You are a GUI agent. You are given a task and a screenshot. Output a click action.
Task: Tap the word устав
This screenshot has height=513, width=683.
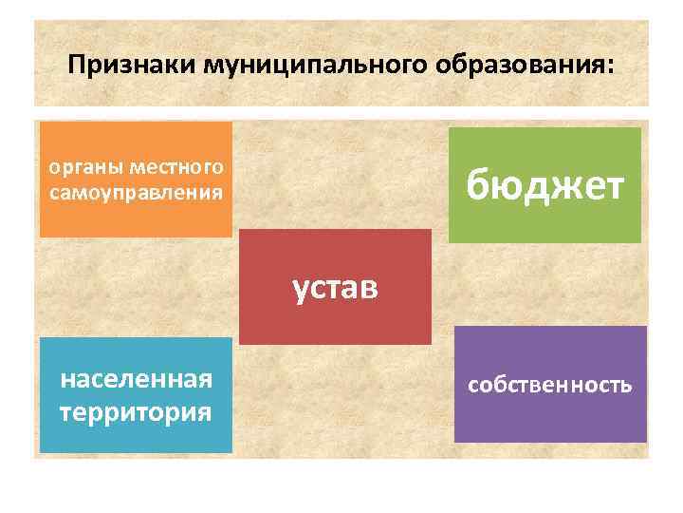pos(335,286)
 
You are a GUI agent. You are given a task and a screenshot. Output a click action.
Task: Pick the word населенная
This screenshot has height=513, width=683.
pos(136,381)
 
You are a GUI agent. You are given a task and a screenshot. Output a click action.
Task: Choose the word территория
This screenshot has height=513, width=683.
pos(136,413)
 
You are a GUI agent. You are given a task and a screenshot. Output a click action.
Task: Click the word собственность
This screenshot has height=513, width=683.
pos(549,385)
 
